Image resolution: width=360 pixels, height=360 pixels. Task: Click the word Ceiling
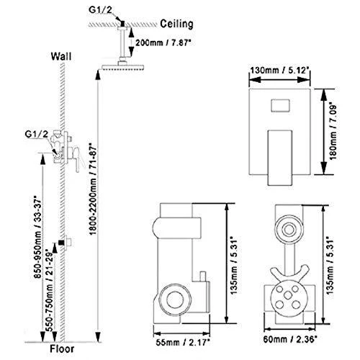(176, 24)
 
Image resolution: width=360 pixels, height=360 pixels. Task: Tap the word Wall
(61, 57)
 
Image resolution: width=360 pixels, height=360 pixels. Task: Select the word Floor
(62, 349)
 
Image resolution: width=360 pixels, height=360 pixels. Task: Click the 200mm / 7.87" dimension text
(163, 43)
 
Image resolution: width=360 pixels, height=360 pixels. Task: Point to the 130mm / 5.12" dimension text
(279, 71)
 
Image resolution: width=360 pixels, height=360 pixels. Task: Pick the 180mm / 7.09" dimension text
(333, 132)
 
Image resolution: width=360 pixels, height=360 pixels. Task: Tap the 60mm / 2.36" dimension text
(290, 339)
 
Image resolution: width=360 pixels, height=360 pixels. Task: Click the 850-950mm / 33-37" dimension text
(37, 238)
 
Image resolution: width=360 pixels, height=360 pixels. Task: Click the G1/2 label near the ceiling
(100, 10)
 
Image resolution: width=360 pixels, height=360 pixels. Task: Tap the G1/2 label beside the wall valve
(37, 134)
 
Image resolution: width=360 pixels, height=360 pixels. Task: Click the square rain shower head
(122, 67)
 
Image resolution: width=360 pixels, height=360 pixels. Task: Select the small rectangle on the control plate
(280, 106)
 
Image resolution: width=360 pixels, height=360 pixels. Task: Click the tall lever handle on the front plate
(280, 158)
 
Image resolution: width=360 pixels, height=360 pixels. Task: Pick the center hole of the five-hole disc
(287, 296)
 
